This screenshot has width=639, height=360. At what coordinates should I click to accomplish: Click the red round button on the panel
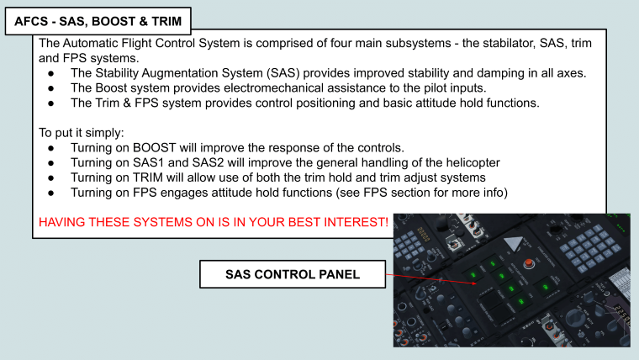pos(529,263)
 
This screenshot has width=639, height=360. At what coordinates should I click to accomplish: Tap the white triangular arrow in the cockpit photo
pos(514,243)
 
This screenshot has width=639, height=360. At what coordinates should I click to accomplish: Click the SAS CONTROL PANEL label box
pos(293,274)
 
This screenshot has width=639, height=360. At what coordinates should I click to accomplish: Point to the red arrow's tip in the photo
pos(476,283)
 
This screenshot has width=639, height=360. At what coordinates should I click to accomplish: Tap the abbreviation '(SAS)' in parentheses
pos(283,73)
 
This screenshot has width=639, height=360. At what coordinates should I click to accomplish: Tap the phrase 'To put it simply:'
pos(81,133)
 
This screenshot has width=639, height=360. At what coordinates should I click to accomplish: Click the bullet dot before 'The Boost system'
pos(51,88)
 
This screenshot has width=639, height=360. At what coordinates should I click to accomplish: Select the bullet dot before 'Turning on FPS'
pos(51,193)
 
